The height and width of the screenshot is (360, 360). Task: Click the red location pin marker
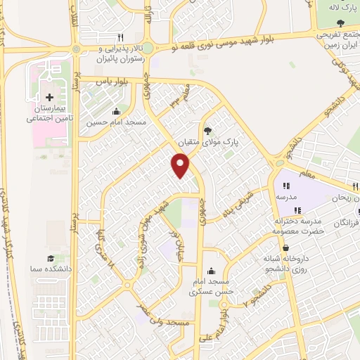point(181,166)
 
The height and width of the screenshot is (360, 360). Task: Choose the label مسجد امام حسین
point(116,122)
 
